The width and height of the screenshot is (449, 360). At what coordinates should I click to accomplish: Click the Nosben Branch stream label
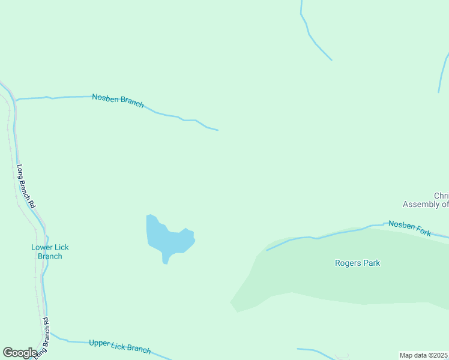tap(118, 100)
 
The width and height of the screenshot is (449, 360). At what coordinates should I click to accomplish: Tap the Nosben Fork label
tap(409, 228)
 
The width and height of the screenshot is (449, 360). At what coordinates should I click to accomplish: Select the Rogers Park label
tap(357, 263)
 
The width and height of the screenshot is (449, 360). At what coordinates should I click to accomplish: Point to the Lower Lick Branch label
tap(50, 251)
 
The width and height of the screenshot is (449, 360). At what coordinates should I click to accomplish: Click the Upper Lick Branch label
tap(119, 346)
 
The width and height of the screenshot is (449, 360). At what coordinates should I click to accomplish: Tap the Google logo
tap(20, 353)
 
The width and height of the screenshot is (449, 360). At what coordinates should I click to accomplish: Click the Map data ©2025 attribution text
tap(424, 355)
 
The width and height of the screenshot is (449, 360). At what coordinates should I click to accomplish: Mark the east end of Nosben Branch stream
tap(217, 130)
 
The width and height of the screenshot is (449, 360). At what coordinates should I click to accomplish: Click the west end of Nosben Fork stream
tap(267, 250)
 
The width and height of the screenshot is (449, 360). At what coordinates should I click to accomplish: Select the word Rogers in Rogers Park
tap(347, 263)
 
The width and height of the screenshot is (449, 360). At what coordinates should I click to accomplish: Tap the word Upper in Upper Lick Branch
tap(99, 343)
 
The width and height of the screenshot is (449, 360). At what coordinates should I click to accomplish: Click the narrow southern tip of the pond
tap(165, 262)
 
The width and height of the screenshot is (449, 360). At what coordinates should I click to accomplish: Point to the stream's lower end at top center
tap(331, 60)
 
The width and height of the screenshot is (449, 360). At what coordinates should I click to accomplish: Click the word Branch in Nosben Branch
tap(131, 103)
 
